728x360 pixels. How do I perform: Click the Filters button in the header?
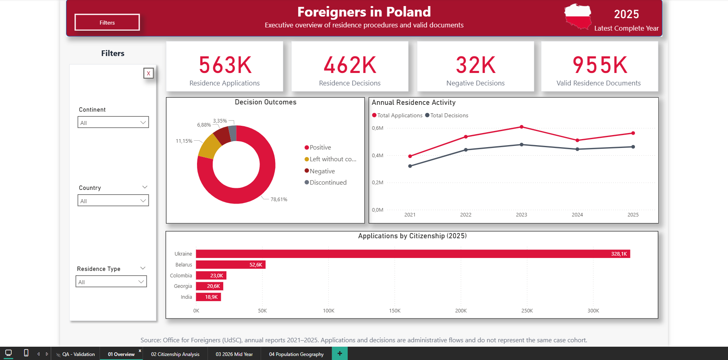(x=107, y=22)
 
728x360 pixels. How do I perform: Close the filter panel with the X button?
(x=149, y=73)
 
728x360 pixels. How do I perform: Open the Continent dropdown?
(x=113, y=122)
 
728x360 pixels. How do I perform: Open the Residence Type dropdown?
(x=111, y=281)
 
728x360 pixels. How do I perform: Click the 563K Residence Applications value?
(x=225, y=65)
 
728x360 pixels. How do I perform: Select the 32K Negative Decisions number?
(x=475, y=65)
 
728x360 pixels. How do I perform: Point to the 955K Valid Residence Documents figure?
(x=600, y=65)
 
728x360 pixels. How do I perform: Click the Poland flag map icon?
(x=578, y=17)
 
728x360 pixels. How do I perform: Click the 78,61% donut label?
(x=279, y=199)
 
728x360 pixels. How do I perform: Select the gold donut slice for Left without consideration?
(x=209, y=146)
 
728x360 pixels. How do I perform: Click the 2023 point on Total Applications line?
(x=521, y=127)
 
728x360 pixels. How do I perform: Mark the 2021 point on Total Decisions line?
(x=410, y=166)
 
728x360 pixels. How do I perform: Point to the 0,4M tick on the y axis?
(x=377, y=155)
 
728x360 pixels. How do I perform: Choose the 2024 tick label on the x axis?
(x=577, y=214)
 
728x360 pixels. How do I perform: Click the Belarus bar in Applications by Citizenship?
(x=231, y=264)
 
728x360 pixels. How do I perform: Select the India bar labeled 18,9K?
(x=208, y=297)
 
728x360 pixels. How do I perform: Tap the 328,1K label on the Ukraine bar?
(x=619, y=254)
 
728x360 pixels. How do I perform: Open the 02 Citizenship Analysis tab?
(x=175, y=354)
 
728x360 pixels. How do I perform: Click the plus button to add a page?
(x=340, y=354)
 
